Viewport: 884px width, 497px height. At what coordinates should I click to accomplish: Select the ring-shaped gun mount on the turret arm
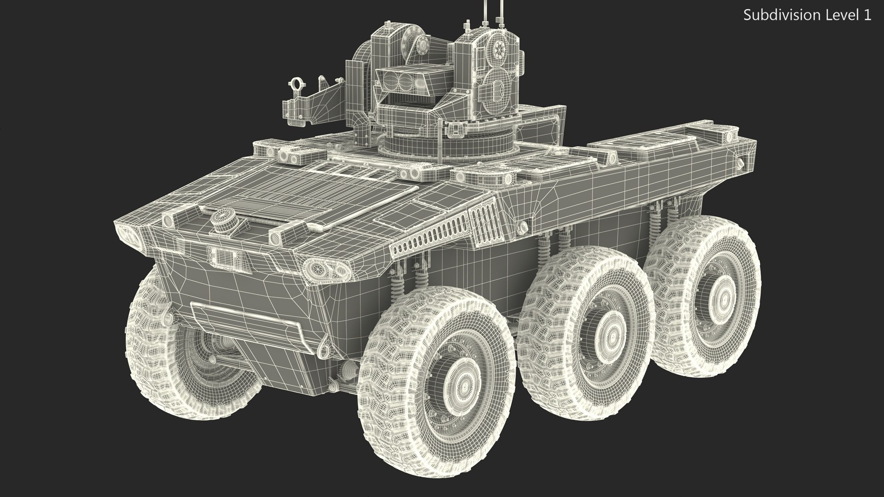(295, 84)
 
